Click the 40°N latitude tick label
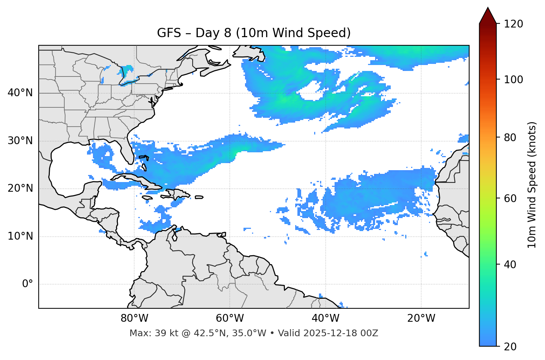point(20,93)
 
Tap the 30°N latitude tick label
point(20,141)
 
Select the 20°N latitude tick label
point(20,188)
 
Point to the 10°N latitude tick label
point(20,236)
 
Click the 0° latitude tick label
point(28,284)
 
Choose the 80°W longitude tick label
point(134,318)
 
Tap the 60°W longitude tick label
point(230,318)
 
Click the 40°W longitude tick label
point(325,318)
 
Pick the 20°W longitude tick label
point(421,318)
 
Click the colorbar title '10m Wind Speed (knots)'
point(532,185)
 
